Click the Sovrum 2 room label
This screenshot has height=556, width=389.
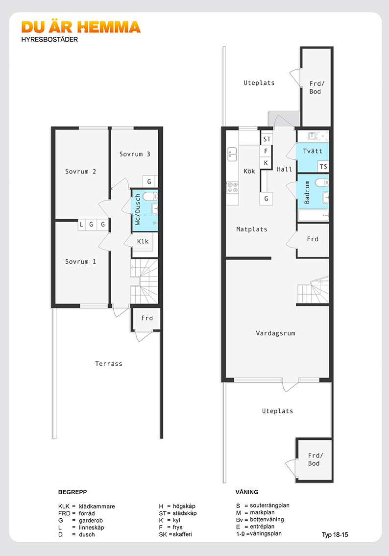(80, 172)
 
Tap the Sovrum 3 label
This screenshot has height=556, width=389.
(135, 154)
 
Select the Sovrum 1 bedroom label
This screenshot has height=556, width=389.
(80, 262)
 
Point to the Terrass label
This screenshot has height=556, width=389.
(109, 364)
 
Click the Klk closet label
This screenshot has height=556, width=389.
(143, 242)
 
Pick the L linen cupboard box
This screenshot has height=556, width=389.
(82, 225)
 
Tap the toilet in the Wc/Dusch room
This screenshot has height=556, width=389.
(149, 196)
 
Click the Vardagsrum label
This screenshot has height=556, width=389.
(276, 333)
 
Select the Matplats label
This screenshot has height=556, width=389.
(252, 229)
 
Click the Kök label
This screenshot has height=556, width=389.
(249, 171)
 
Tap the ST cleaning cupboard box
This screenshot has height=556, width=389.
(267, 139)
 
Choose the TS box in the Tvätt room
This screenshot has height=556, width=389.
(323, 167)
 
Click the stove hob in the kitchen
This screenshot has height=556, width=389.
(232, 188)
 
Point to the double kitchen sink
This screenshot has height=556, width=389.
(232, 154)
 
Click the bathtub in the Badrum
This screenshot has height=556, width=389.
(314, 215)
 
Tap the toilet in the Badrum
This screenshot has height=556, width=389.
(322, 182)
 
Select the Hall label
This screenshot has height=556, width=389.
(285, 170)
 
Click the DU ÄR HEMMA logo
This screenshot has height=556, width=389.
(81, 27)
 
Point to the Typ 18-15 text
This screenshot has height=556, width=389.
(335, 535)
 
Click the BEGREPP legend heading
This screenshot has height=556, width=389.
(73, 492)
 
